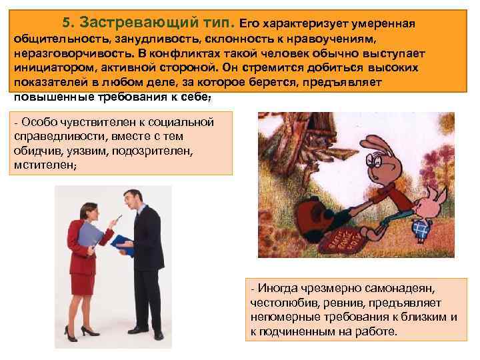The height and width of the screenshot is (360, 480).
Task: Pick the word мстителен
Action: (x=41, y=164)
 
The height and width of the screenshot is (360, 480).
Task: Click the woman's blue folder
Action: (x=89, y=235)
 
